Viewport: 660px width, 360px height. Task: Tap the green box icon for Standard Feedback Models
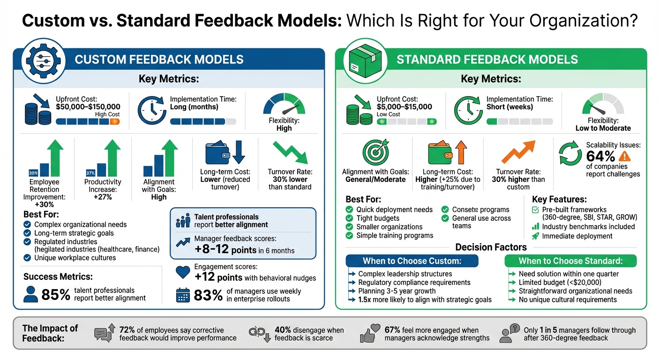(362, 59)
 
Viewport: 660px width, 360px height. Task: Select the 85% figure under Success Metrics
(55, 294)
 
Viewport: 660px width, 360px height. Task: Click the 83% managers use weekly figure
(208, 295)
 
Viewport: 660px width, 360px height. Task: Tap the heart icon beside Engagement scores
(182, 272)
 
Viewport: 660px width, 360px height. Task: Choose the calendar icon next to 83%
(182, 295)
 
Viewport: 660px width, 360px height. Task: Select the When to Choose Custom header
(412, 261)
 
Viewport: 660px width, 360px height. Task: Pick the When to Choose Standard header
(570, 261)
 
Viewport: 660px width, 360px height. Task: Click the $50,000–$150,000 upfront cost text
(88, 107)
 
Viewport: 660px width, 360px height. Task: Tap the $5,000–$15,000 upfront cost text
(404, 107)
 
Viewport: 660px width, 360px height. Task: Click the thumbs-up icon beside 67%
(369, 333)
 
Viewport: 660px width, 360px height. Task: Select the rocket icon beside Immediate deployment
(535, 236)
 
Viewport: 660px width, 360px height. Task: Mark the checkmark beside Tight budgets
(349, 218)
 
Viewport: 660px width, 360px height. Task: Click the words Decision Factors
(491, 247)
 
